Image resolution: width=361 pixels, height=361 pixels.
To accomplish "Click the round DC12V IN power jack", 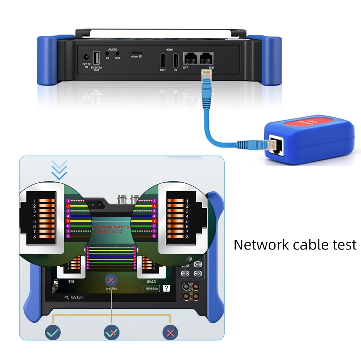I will (x=87, y=57).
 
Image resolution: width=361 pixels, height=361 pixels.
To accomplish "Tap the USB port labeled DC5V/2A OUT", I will (x=96, y=58).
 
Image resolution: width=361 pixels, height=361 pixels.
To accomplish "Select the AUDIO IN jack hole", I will (x=107, y=53).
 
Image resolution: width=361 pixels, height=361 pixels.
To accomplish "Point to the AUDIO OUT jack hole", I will (x=117, y=53).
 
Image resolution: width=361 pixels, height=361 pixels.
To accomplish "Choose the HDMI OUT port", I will (x=163, y=60).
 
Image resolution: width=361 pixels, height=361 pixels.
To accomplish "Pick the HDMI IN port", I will (x=176, y=60).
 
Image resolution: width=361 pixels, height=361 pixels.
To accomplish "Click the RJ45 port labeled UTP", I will (x=190, y=58).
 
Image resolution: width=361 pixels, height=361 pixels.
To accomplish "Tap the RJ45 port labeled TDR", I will (x=206, y=58).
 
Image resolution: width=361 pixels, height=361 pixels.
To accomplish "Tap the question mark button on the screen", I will (x=166, y=288).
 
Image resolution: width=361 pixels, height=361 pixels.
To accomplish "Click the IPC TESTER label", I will (x=70, y=297).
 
